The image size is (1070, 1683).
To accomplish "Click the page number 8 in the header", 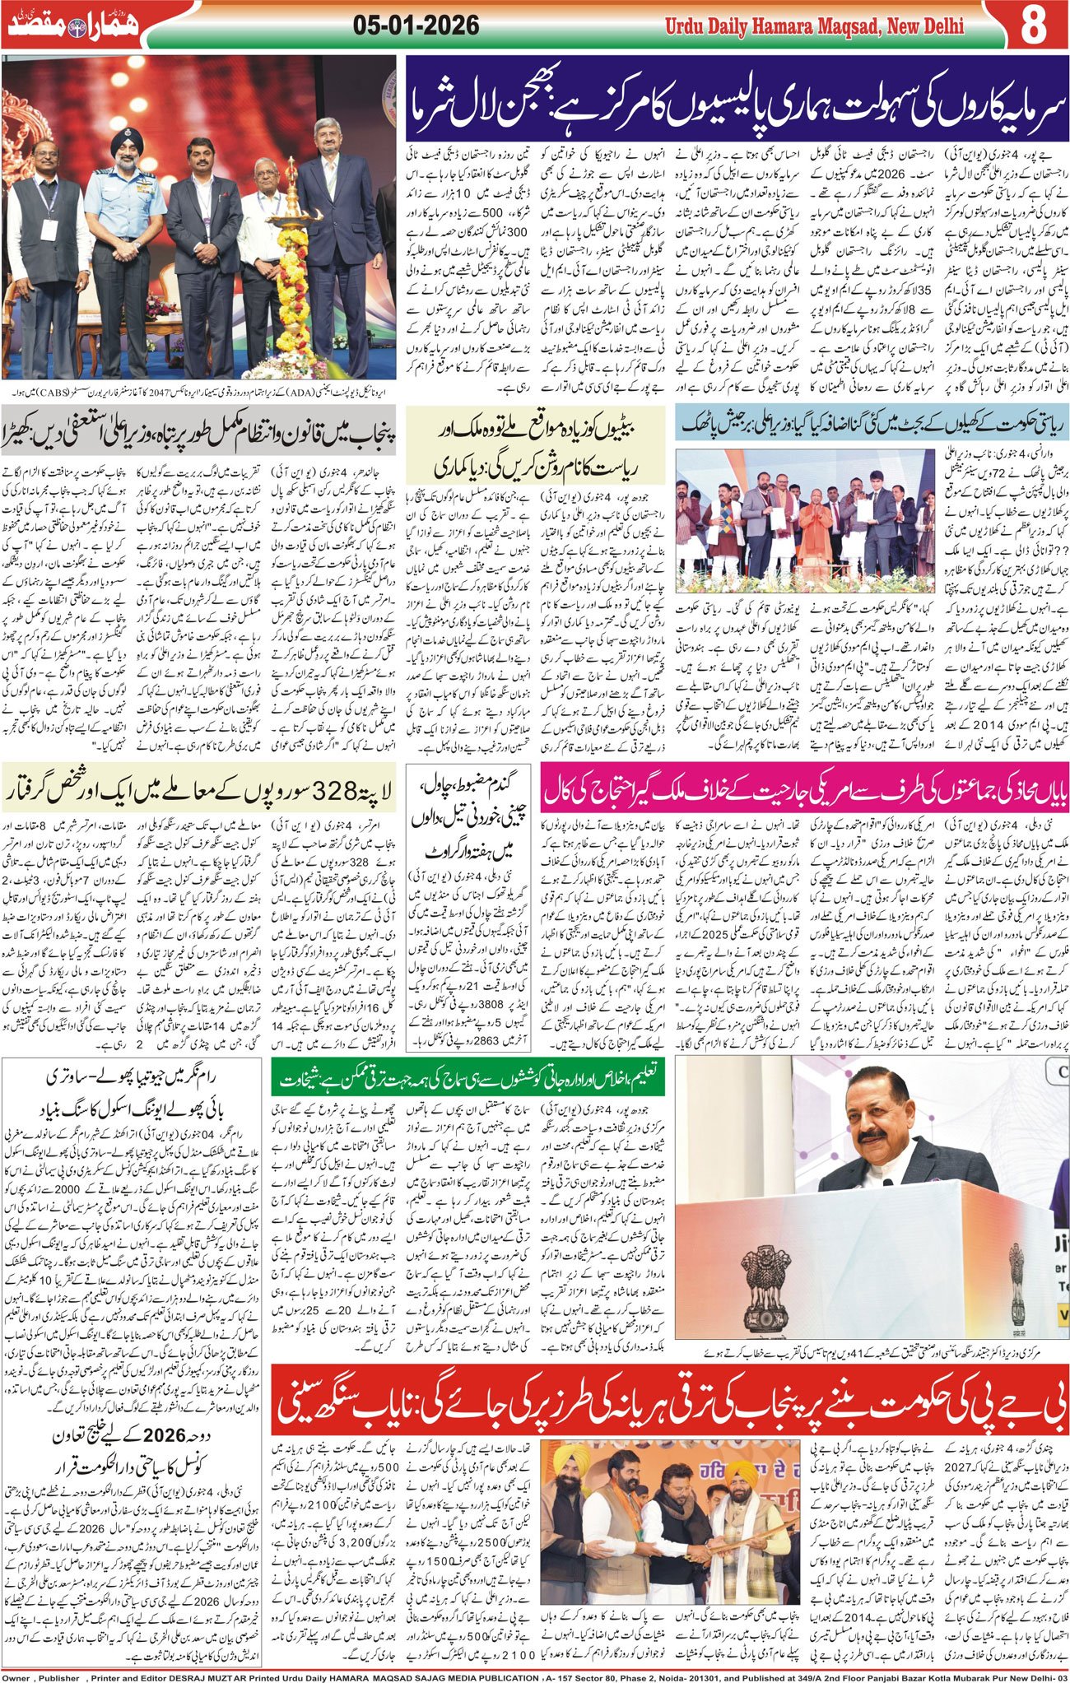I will tap(1034, 26).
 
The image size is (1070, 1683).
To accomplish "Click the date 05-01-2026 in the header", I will tap(416, 26).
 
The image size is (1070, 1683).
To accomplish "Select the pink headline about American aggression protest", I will tap(805, 792).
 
